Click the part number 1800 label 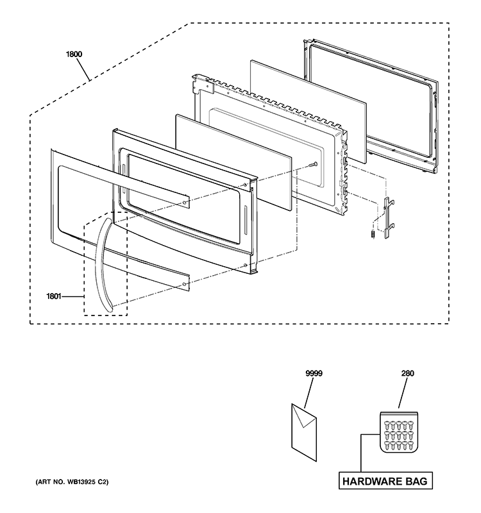tap(74, 55)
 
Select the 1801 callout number tap(55, 296)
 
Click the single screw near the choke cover tap(312, 165)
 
